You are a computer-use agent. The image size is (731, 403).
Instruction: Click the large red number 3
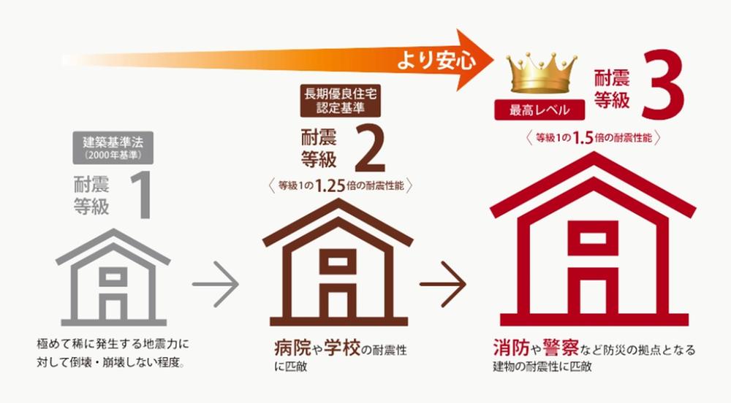point(662,85)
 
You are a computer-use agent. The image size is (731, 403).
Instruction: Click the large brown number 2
point(370,147)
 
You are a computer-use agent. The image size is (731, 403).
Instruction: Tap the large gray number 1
point(141,194)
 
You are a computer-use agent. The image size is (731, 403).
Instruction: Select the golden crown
point(542,74)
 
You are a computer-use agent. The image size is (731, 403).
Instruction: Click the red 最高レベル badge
point(539,110)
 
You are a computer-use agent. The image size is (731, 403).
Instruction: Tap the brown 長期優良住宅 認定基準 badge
point(341,101)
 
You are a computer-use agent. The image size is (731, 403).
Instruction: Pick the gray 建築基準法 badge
point(113,148)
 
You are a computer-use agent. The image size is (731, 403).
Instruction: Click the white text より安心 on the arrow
point(436,61)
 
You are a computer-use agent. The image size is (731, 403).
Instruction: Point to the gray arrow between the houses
point(216,284)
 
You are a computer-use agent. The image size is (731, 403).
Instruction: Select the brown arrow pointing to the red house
point(443,284)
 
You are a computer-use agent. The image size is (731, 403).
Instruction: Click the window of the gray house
point(113,277)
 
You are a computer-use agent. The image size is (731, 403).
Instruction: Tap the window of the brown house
point(338,261)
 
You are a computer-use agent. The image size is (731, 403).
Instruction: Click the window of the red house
point(593,239)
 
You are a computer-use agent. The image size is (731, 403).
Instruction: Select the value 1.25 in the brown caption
point(330,186)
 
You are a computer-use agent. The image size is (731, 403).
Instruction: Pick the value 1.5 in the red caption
point(583,138)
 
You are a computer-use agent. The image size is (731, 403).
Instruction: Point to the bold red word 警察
point(561,348)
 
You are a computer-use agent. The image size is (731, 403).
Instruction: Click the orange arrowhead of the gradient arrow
point(471,60)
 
